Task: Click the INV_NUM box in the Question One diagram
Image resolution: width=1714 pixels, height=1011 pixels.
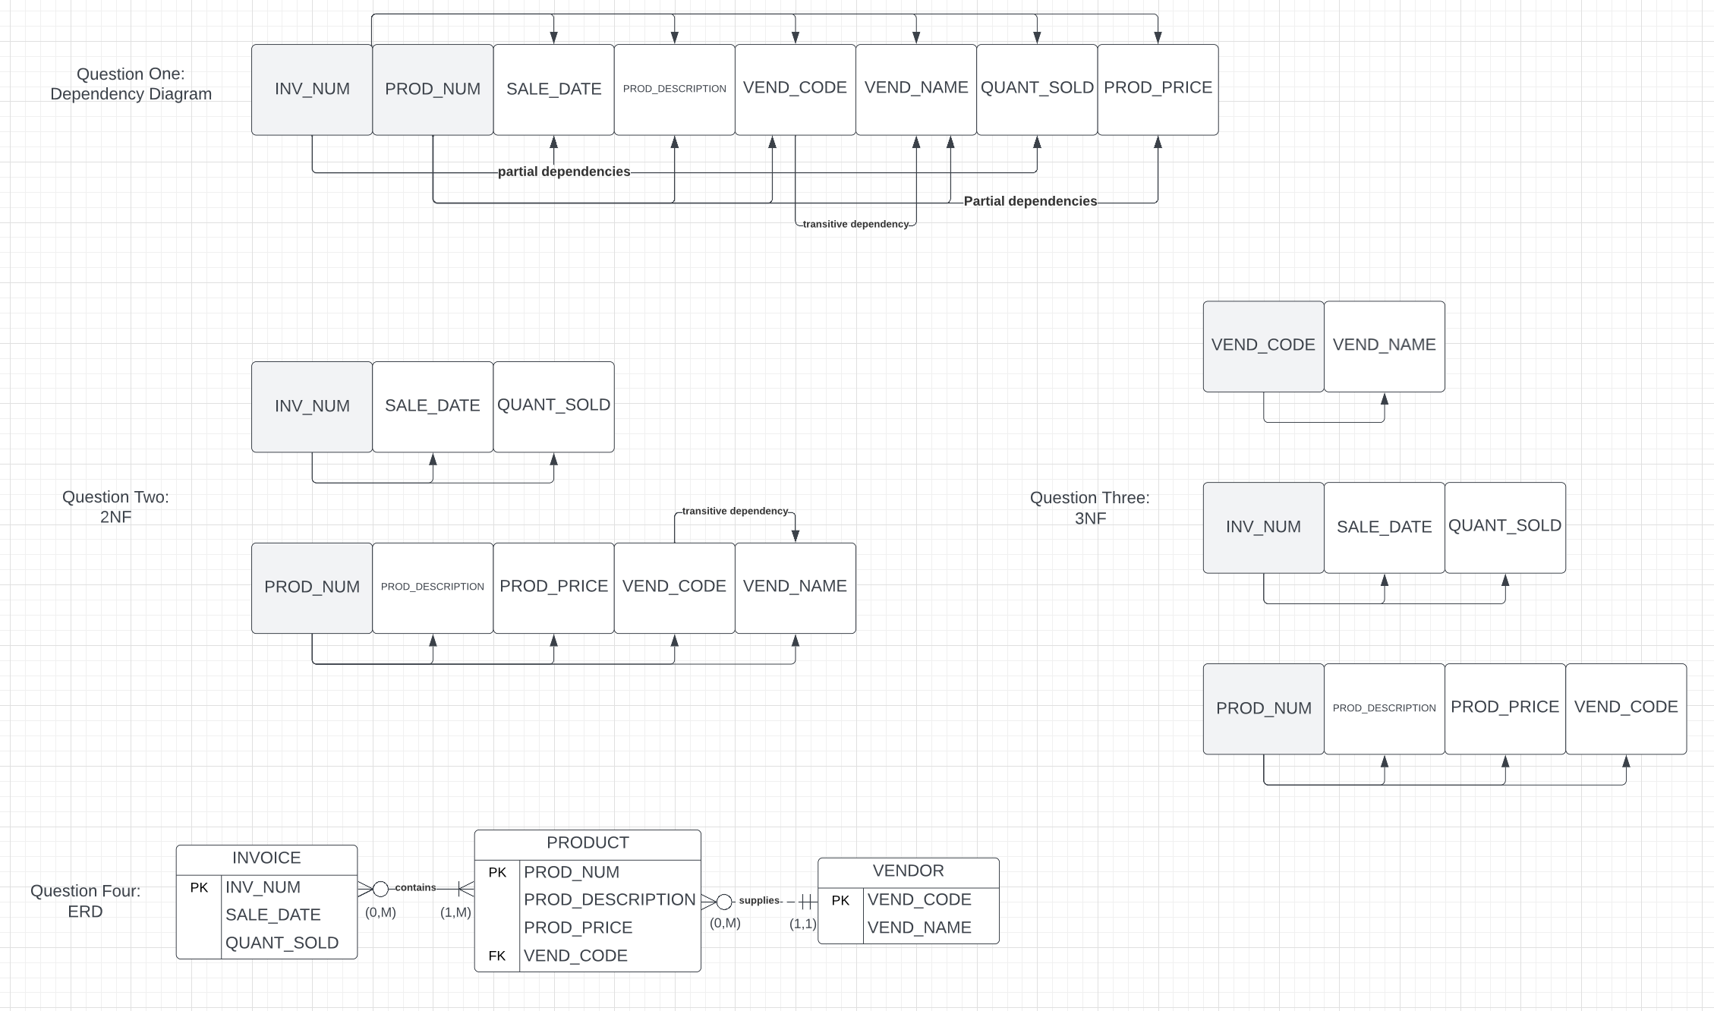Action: pos(312,90)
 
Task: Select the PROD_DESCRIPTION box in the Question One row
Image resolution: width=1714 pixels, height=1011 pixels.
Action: pos(674,90)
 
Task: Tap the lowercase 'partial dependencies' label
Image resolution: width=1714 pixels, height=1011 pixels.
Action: pos(563,172)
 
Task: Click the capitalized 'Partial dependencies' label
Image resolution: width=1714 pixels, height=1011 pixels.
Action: pos(1029,201)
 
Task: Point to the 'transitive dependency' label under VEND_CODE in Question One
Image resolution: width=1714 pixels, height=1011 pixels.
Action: pos(855,224)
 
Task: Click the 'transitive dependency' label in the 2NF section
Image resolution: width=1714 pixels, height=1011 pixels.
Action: pos(734,511)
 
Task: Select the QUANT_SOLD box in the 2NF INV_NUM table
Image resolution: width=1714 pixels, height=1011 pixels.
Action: pos(553,406)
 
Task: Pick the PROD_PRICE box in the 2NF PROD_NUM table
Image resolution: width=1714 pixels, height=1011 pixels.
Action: pos(553,587)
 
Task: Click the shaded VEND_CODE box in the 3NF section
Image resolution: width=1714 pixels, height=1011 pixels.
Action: pos(1263,346)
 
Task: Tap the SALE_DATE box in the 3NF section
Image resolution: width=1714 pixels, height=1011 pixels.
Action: pos(1384,528)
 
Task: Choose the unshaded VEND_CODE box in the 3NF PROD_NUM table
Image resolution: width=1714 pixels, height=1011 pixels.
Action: pos(1625,708)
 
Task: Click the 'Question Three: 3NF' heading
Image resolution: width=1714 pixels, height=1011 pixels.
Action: pos(1089,508)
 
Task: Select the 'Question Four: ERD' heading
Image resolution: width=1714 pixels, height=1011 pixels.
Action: pos(85,901)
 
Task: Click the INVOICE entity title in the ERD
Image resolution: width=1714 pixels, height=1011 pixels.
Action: pos(266,858)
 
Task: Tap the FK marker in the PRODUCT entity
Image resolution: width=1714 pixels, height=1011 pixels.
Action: pos(497,956)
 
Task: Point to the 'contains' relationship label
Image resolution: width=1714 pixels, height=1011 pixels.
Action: pos(415,887)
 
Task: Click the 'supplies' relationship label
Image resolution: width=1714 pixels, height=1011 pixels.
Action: pos(759,900)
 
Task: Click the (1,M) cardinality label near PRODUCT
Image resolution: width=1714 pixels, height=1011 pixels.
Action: pos(455,912)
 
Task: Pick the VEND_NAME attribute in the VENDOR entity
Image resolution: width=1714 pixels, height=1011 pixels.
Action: pos(919,928)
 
